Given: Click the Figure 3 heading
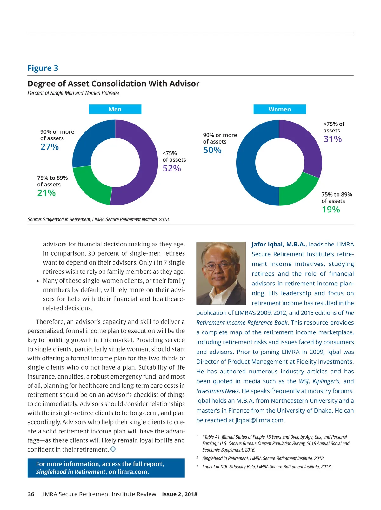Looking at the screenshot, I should tap(43, 68).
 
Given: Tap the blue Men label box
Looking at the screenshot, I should tap(115, 109).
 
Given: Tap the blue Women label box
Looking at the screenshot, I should tap(279, 109).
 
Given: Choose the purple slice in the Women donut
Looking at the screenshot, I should tap(305, 143).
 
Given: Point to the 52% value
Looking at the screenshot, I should tap(172, 168).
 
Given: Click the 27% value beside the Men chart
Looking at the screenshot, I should tap(50, 147).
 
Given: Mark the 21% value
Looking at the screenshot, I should tap(46, 193).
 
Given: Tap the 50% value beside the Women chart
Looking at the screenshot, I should tap(212, 150).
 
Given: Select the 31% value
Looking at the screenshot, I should tap(332, 139).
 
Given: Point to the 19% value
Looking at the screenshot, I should tap(331, 210).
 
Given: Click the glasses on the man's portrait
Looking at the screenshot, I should tap(219, 266).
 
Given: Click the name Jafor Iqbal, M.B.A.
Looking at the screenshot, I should tap(279, 245).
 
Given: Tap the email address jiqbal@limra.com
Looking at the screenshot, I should tap(259, 420).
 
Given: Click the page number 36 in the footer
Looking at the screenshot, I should tap(31, 494).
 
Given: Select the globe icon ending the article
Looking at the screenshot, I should tap(113, 449).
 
